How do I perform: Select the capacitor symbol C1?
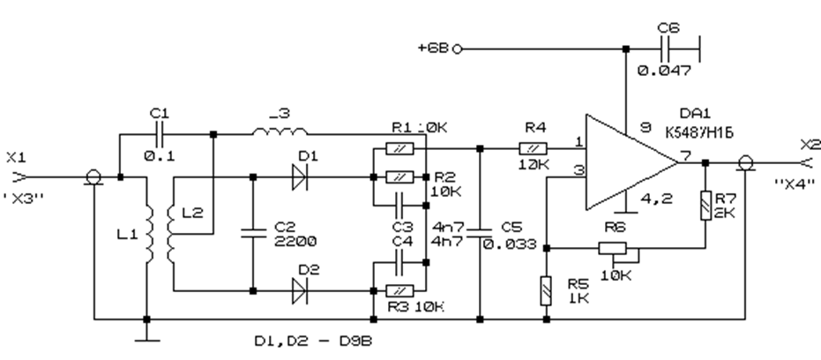(160, 135)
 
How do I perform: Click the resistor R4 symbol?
(534, 148)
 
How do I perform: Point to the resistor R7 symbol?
(705, 205)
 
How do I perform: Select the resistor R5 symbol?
(547, 289)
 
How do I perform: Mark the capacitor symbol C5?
(479, 234)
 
